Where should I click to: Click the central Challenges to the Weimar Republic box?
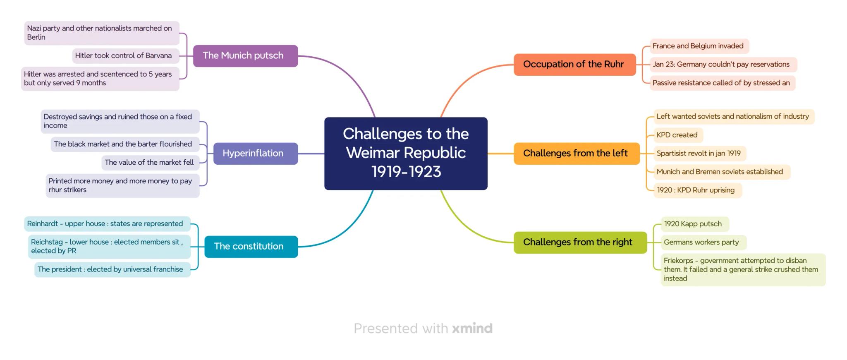coord(406,154)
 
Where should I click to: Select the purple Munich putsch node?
coord(245,56)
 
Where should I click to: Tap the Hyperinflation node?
coord(256,154)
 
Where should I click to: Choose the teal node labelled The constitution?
coord(251,247)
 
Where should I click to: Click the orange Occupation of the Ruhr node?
coord(575,65)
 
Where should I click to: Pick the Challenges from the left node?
coord(577,154)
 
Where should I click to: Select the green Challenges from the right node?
coord(580,242)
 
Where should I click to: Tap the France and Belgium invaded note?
coord(699,46)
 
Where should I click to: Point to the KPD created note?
coord(678,135)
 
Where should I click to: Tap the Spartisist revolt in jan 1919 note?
coord(700,154)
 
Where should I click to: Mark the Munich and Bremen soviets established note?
coord(722,172)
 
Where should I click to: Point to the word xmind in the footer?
coord(472,329)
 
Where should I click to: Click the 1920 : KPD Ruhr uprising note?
coord(698,190)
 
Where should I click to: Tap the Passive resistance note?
coord(723,83)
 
